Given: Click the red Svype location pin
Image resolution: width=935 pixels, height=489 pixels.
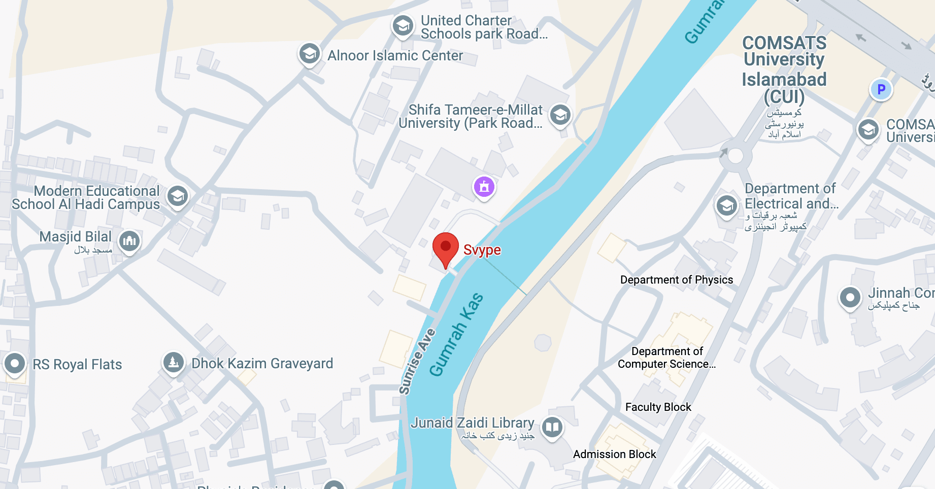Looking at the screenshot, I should pos(445,248).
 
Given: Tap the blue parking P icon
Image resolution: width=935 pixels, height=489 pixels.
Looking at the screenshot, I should pos(881,89).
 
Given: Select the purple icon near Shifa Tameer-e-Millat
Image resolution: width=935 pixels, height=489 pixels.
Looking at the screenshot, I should pos(484,187).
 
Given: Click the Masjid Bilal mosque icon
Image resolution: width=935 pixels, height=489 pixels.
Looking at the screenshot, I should pos(129,240).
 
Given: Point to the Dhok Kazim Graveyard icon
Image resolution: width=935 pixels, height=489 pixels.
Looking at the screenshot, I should pos(173,362).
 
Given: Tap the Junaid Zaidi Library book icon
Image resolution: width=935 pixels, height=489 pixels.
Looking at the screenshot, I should pos(552,427).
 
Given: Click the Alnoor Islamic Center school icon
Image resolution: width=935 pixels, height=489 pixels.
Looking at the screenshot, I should pos(309,53).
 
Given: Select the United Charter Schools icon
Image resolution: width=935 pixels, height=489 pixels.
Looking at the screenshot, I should pos(403,25).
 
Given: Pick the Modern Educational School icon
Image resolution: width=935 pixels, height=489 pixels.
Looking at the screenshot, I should pos(178,196).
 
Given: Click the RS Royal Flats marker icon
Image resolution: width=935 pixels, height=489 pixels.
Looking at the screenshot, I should pos(15,363).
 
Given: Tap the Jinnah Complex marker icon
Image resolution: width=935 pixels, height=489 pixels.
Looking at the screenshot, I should pos(850,297).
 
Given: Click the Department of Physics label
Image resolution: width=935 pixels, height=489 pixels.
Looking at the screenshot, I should pos(677,280).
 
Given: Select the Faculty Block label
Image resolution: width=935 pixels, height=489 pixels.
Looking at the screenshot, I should pos(658,407).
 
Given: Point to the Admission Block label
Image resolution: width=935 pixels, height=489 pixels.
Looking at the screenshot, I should pos(614,455).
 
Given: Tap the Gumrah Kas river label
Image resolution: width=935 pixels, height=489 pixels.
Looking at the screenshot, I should pos(456,335).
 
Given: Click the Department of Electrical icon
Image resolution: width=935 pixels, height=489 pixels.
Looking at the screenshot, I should pos(726,205).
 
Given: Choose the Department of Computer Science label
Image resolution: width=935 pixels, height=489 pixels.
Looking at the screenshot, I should pos(666,358).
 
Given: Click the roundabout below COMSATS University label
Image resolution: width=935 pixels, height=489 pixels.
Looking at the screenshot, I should pos(735,156).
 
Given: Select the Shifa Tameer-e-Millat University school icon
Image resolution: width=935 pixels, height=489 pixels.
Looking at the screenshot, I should pos(560,115).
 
